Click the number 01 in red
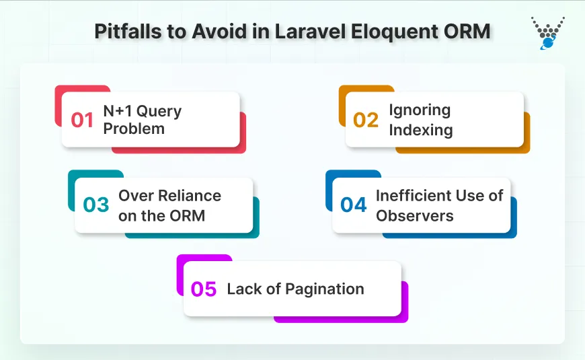point(82,120)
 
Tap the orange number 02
point(366,120)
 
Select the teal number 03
point(95,205)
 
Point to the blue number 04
point(354,205)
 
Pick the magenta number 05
point(204,289)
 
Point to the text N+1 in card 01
point(118,111)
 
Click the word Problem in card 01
point(134,129)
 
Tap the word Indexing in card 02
point(421,129)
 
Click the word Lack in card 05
point(243,289)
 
